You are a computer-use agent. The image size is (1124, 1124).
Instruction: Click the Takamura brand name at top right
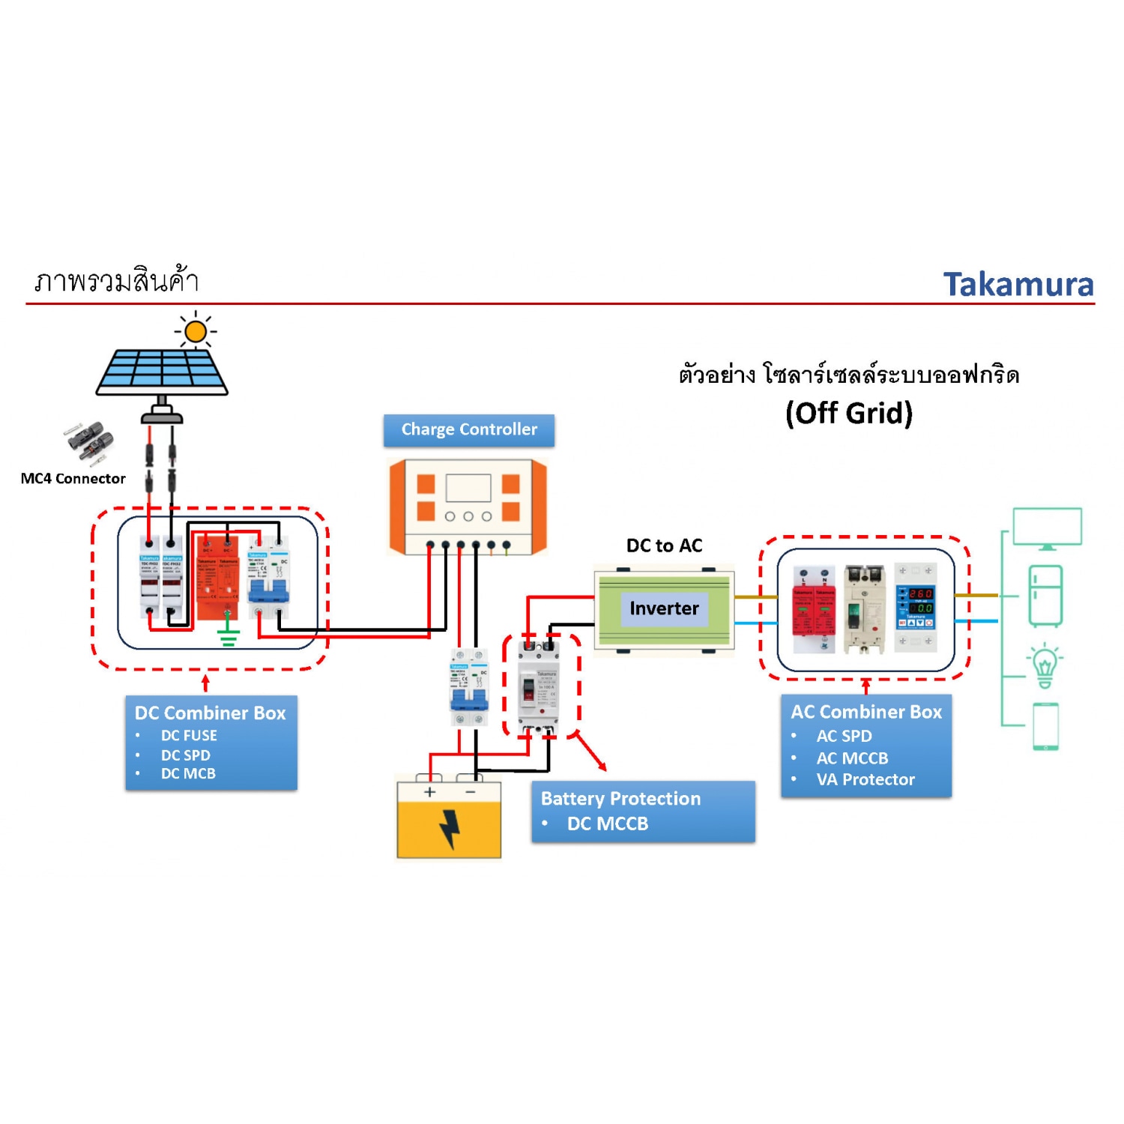click(x=1018, y=285)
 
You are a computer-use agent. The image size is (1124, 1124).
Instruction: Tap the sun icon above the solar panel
click(x=196, y=331)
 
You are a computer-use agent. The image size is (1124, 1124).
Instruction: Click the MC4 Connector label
click(x=73, y=479)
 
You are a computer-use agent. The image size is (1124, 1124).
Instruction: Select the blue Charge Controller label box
click(x=469, y=430)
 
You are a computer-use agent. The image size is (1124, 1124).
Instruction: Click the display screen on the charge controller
click(x=468, y=488)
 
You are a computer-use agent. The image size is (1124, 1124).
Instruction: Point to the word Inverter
click(x=664, y=608)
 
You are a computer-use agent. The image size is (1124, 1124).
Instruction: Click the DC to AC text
click(x=664, y=546)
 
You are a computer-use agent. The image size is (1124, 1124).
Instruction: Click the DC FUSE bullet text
click(x=189, y=736)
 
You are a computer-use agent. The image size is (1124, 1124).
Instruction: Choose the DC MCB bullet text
click(x=188, y=773)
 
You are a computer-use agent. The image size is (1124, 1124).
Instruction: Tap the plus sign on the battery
click(x=429, y=792)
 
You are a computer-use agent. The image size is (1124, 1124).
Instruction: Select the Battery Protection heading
click(x=620, y=799)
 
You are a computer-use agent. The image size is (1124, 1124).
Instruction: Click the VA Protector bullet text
click(x=865, y=780)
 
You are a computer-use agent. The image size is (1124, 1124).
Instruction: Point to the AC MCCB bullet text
click(x=852, y=758)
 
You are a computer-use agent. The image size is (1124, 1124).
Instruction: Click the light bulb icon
click(x=1045, y=665)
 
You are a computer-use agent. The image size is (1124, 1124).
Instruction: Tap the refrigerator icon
click(x=1045, y=596)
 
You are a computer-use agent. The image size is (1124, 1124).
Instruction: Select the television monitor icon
click(x=1047, y=528)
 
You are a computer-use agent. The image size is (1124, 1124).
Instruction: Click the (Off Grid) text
click(x=849, y=414)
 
